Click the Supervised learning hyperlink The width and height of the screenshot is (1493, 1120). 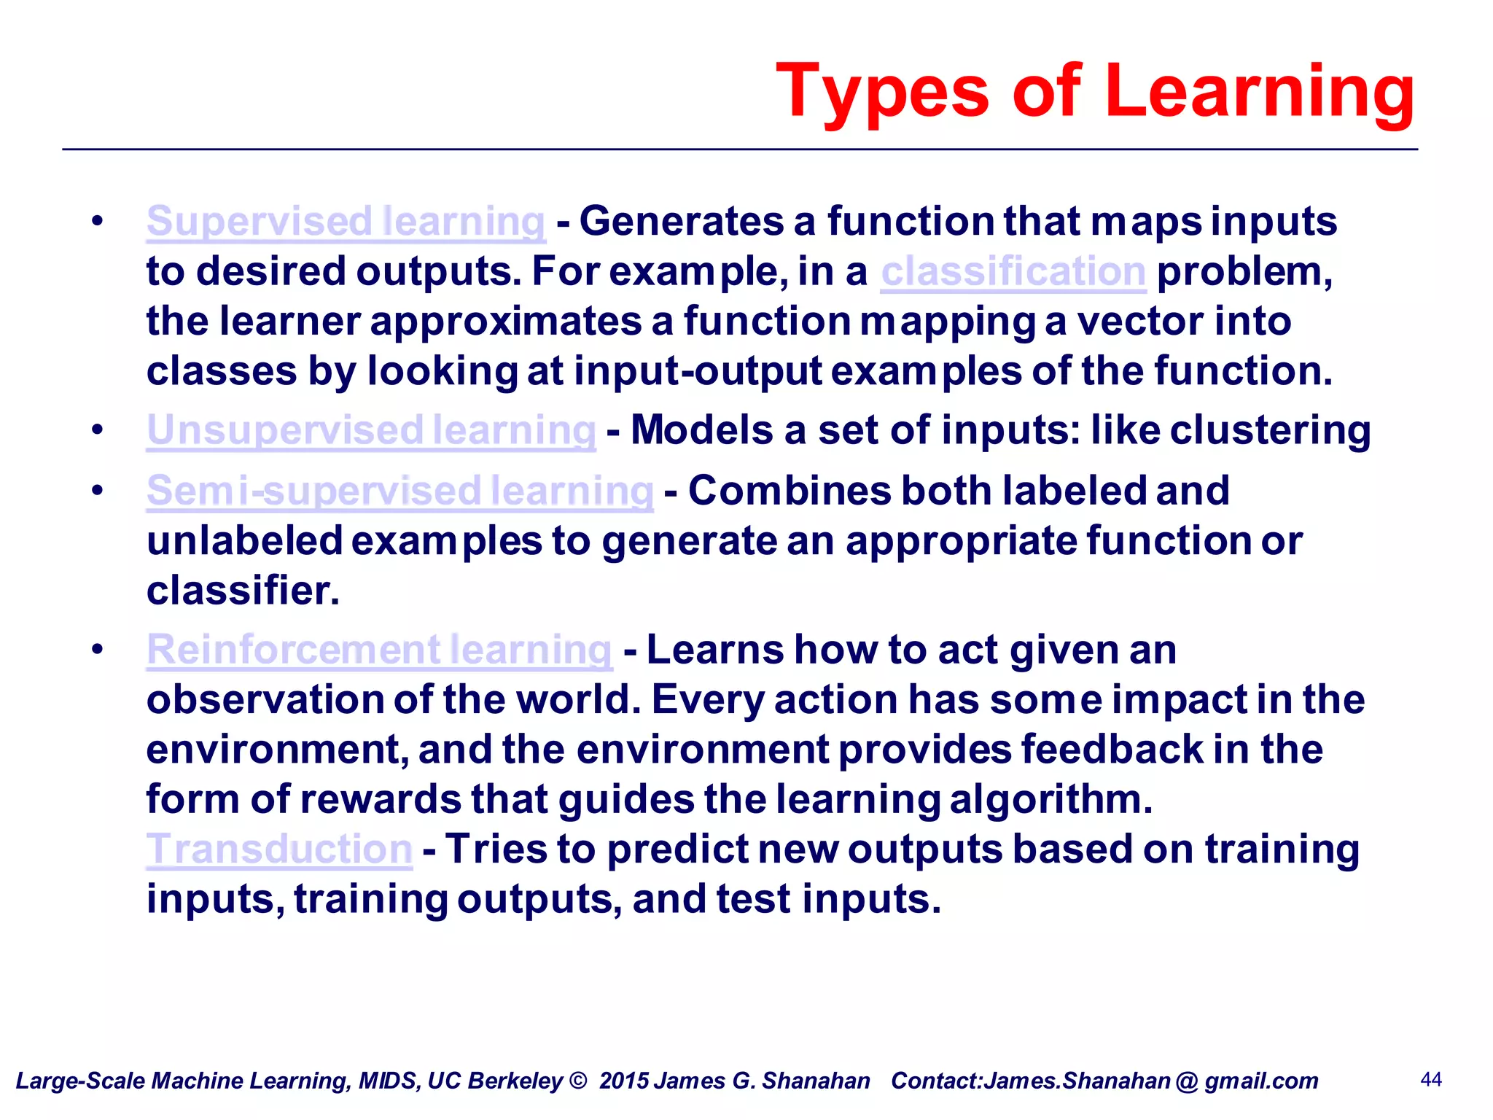click(346, 222)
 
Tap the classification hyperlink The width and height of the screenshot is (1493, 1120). click(1013, 272)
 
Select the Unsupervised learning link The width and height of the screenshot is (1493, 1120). click(371, 430)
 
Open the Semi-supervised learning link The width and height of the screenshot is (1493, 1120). click(399, 491)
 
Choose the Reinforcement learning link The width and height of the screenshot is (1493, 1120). click(379, 650)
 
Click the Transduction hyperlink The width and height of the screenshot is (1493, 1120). click(279, 849)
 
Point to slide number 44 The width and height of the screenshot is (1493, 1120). click(1431, 1079)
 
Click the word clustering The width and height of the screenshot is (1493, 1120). click(1270, 430)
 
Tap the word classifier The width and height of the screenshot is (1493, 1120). click(243, 591)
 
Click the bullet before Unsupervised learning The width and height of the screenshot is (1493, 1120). click(98, 429)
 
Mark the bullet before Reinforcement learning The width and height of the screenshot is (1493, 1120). click(98, 649)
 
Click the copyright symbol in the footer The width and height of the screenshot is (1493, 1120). click(578, 1081)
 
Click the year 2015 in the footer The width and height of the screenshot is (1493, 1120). click(624, 1081)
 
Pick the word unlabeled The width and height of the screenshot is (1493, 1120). click(244, 541)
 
